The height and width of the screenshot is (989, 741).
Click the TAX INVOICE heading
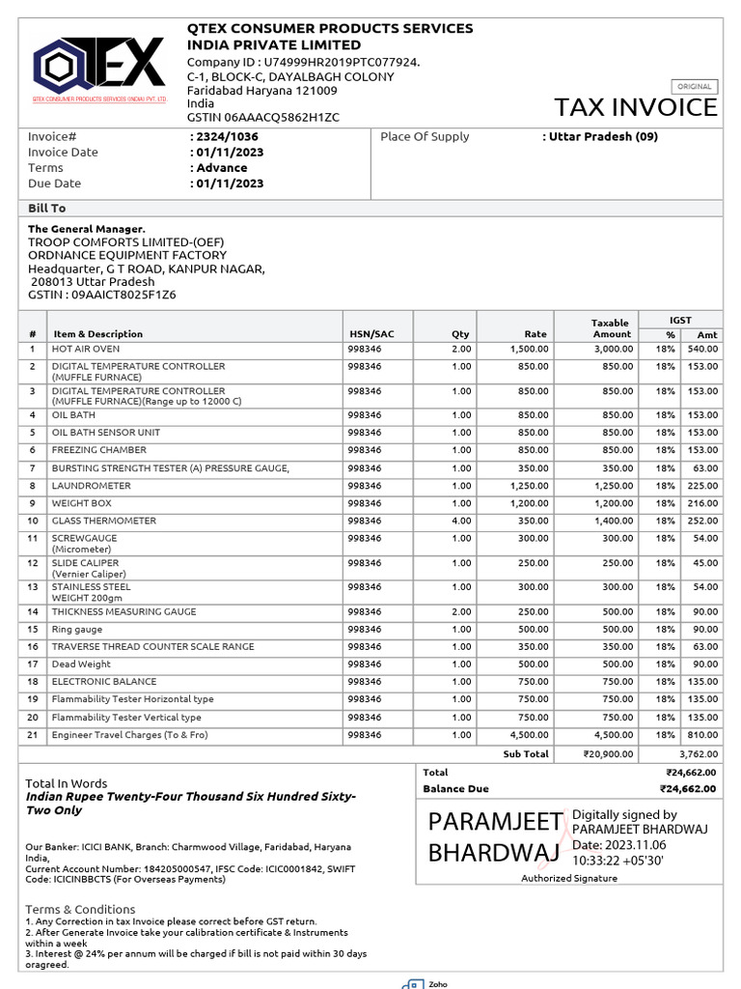tap(635, 107)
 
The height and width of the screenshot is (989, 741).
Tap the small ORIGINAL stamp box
tap(694, 86)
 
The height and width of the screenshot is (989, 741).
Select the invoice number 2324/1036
tap(227, 137)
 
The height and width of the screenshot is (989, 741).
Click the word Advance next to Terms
tap(221, 168)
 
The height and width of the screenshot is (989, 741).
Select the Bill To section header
tap(46, 209)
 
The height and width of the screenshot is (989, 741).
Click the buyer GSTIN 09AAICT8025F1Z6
tap(101, 295)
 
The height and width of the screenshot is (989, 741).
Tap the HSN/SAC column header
tap(371, 334)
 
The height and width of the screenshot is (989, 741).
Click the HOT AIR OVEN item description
tap(86, 349)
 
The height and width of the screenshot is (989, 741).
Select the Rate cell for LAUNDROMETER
tap(530, 486)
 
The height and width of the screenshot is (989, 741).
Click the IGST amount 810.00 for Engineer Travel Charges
tap(701, 736)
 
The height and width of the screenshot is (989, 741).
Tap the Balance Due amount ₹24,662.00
tap(691, 789)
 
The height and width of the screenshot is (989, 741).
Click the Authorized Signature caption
tap(569, 878)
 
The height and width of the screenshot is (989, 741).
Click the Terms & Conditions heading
tap(80, 910)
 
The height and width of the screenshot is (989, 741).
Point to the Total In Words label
tap(67, 783)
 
